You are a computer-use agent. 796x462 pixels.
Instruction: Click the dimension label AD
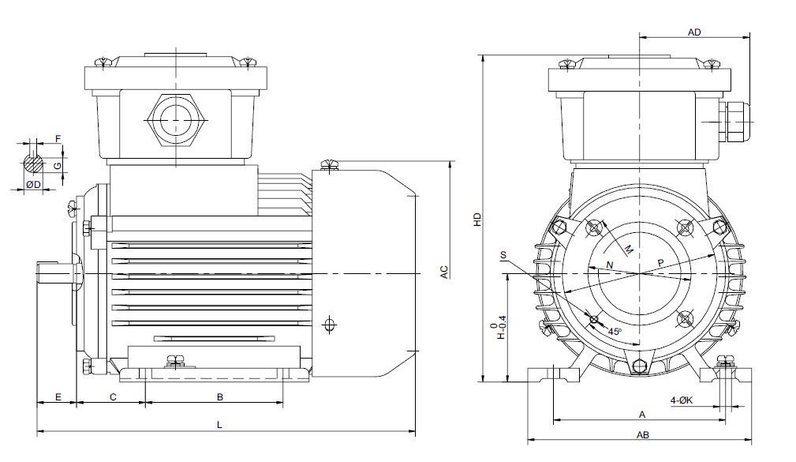point(694,32)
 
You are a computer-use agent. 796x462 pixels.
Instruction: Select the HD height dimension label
point(477,220)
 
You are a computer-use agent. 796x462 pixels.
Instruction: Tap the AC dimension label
point(444,272)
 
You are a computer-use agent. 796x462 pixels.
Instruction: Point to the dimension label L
point(220,424)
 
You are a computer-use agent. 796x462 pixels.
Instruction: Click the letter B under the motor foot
point(220,397)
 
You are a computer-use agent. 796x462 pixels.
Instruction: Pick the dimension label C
point(113,397)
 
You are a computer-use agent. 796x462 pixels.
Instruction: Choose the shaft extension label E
point(58,397)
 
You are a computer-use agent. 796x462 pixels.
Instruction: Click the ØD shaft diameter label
point(33,185)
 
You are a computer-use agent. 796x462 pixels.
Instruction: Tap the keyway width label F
point(58,139)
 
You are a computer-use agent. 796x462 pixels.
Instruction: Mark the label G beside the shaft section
point(58,166)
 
